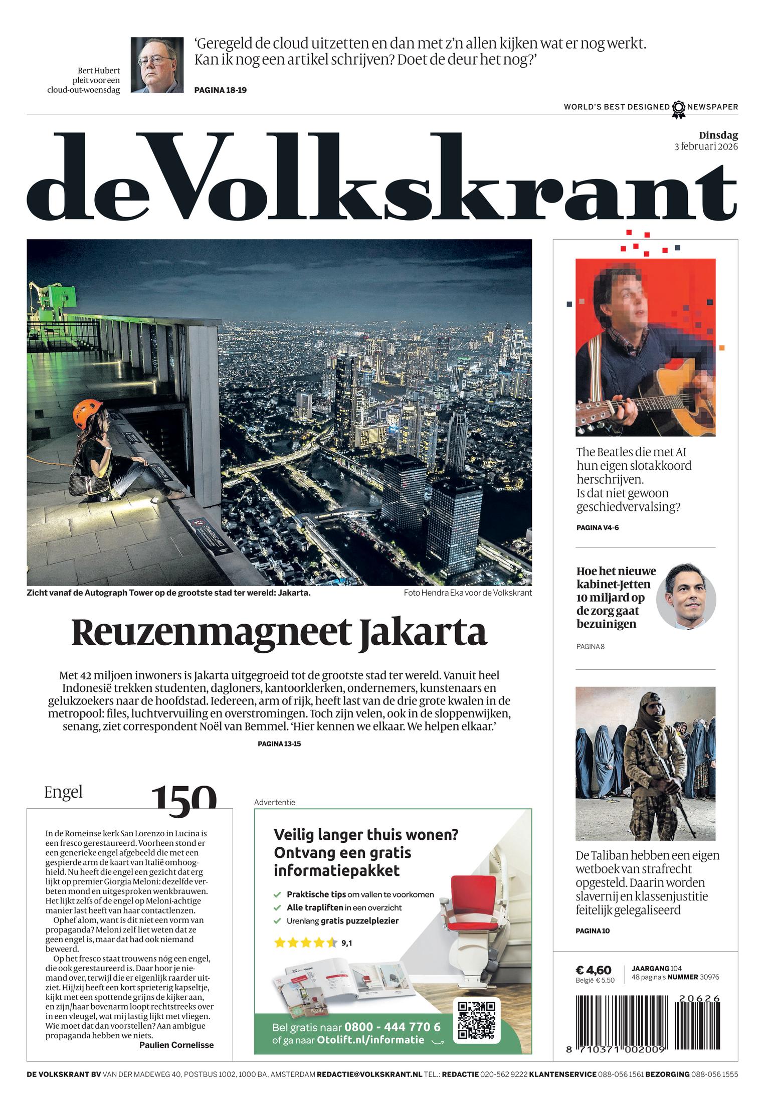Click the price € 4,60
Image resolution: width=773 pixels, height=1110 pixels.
pyautogui.click(x=593, y=971)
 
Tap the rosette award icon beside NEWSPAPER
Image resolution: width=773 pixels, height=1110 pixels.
pyautogui.click(x=678, y=108)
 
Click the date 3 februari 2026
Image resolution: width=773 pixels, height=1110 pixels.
pyautogui.click(x=706, y=147)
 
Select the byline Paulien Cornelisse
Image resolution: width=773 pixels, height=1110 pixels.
pyautogui.click(x=176, y=1045)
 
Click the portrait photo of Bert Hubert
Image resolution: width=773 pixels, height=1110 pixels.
pyautogui.click(x=157, y=65)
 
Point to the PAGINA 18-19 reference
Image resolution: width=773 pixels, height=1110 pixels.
pyautogui.click(x=220, y=90)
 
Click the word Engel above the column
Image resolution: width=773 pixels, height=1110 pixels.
pyautogui.click(x=63, y=792)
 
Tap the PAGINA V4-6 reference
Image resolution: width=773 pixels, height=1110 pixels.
pyautogui.click(x=597, y=527)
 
